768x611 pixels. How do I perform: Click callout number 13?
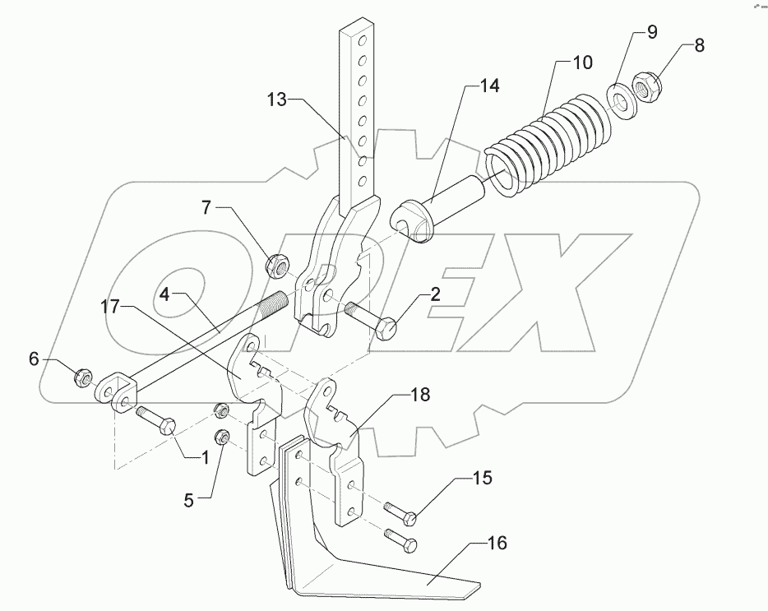coord(276,101)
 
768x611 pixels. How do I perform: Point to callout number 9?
coord(651,34)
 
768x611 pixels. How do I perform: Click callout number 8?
coord(699,46)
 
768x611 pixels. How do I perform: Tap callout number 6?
coord(33,359)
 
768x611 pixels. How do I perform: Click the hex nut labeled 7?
coord(276,265)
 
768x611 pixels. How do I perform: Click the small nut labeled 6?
coord(82,379)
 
